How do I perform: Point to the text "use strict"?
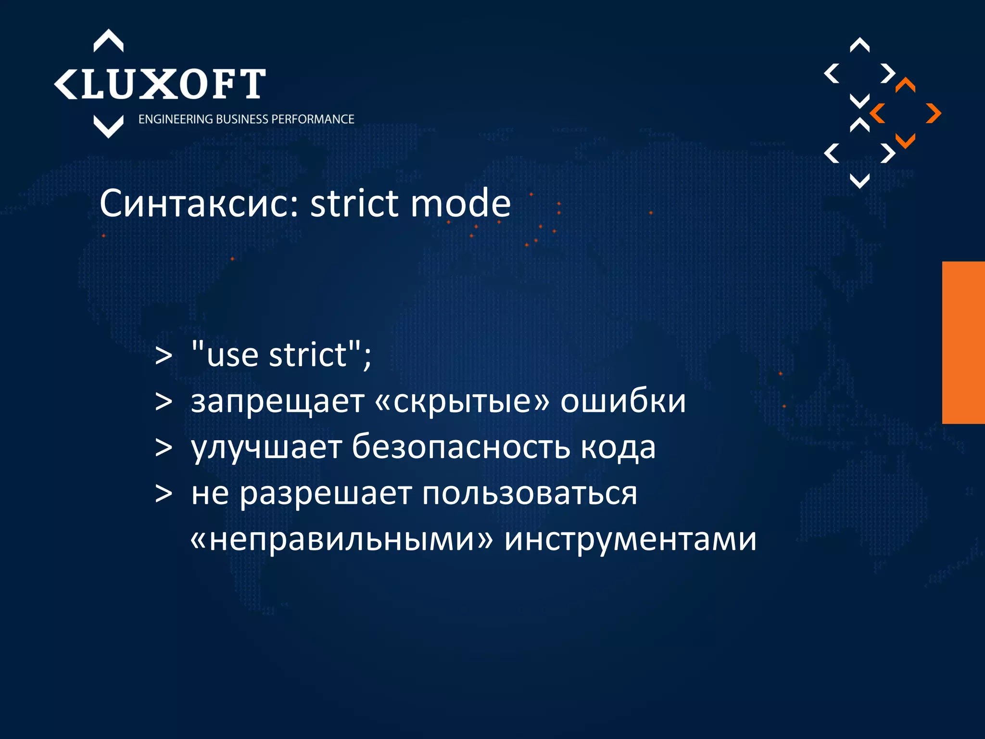pos(281,355)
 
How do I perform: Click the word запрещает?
pos(277,401)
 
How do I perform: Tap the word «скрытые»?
pos(462,401)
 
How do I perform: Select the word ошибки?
pos(623,401)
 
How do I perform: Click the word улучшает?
pos(266,447)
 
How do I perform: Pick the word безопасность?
pos(461,447)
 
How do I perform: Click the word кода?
pos(618,447)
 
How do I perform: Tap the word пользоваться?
pos(530,494)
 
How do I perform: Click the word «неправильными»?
pos(342,540)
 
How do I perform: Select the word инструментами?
pos(631,540)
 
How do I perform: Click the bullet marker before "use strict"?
pos(164,357)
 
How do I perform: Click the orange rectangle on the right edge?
pos(963,343)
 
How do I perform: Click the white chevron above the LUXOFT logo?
pos(108,41)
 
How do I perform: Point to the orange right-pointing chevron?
pos(933,114)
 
